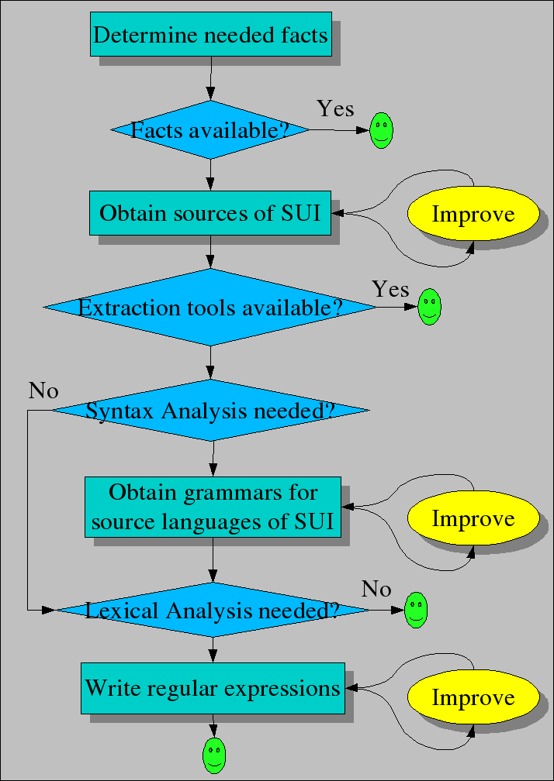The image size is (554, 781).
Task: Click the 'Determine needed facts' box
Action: pos(210,34)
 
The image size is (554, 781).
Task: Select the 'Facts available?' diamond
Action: pos(210,129)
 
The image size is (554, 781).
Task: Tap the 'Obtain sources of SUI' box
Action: pos(210,213)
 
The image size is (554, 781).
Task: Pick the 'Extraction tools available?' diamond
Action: pos(210,308)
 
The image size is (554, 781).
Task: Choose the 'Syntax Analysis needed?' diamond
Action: pos(210,410)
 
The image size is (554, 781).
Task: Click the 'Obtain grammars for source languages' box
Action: pos(212,507)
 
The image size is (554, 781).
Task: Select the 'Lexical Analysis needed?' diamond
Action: pos(213,610)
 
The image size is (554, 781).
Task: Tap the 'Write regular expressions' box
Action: pos(213,687)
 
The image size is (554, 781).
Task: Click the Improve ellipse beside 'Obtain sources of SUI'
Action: pos(473,214)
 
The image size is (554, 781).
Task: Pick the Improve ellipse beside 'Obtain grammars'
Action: pos(473,518)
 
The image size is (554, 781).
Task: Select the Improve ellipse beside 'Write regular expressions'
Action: pos(473,697)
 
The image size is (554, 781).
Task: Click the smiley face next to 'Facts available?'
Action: pos(381,130)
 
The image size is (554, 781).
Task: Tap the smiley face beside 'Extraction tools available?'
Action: pos(429,307)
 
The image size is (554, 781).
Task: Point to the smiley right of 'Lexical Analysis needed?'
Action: pos(416,610)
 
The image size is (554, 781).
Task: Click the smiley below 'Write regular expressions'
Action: pos(213,755)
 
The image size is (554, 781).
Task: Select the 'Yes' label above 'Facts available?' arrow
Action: pos(335,109)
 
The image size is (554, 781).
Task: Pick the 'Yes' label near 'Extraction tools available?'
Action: pos(390,289)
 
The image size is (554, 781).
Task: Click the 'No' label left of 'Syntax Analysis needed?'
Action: pos(43,391)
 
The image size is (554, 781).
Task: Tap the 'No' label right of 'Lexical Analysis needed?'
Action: pos(376,590)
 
